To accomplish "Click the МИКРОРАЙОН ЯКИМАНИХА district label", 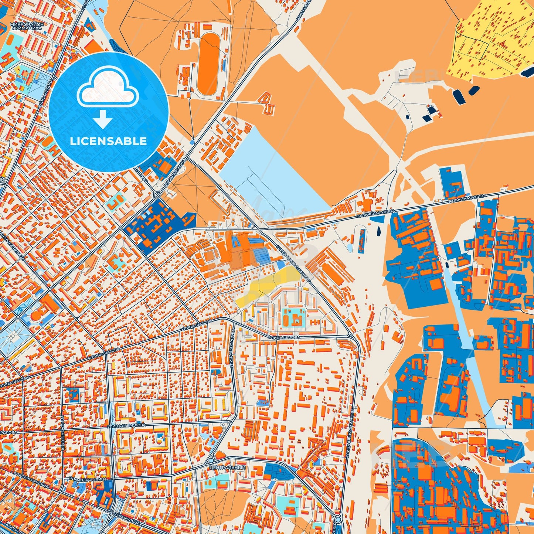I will click(x=27, y=26).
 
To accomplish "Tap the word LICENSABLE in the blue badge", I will click(x=108, y=141).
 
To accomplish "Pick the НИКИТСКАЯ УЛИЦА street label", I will click(x=85, y=478).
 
